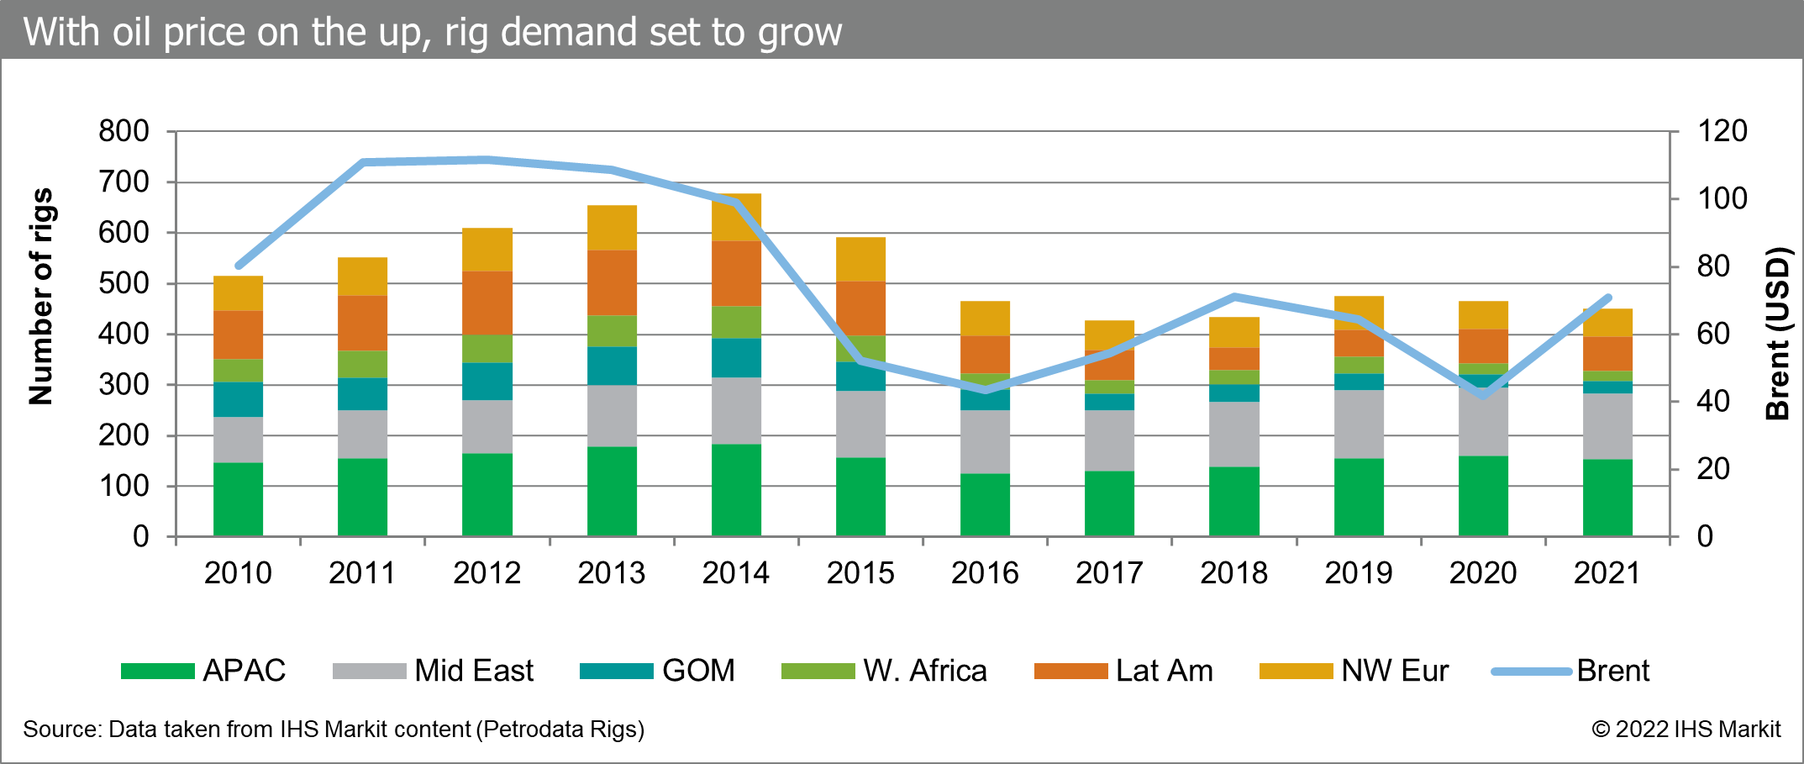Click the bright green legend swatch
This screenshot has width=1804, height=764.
click(158, 671)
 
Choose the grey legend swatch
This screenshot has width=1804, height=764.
click(370, 671)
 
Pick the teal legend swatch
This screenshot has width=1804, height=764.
click(617, 671)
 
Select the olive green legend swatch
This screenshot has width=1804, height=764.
click(818, 671)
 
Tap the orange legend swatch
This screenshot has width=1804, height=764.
click(1071, 671)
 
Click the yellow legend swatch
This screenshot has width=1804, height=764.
click(1296, 671)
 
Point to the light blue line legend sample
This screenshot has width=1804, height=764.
click(1532, 672)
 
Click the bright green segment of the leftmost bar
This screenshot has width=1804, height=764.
click(239, 498)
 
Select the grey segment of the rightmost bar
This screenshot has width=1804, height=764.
click(1608, 426)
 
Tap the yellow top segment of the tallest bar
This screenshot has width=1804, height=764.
click(737, 217)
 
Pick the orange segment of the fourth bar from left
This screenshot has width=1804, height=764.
click(613, 282)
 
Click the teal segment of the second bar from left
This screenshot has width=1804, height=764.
click(363, 393)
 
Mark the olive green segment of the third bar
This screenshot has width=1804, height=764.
click(487, 348)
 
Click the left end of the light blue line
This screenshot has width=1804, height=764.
click(239, 266)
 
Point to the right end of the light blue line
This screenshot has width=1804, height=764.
click(1608, 298)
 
